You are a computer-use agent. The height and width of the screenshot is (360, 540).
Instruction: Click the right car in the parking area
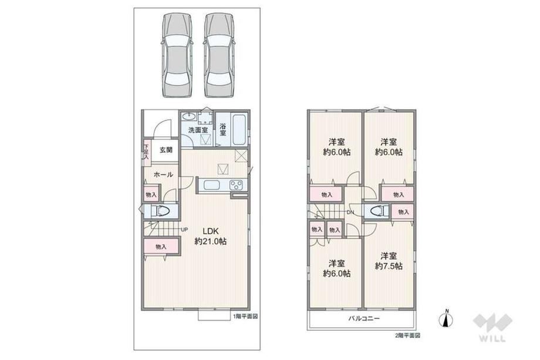220,55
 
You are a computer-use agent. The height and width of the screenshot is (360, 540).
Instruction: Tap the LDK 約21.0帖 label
210,236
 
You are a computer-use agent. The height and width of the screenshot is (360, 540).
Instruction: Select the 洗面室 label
198,130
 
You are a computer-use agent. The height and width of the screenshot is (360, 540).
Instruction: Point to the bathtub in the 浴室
239,130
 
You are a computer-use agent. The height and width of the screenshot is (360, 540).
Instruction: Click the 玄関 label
166,150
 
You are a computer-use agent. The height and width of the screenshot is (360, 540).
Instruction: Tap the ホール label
163,174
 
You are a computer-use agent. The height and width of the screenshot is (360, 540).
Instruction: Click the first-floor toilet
160,211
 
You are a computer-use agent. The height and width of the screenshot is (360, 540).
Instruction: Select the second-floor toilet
376,211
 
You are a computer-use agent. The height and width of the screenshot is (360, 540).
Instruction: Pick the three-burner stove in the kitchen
236,184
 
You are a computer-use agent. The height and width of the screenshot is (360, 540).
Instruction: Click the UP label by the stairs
184,229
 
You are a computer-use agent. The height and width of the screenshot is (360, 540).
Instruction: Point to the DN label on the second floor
350,212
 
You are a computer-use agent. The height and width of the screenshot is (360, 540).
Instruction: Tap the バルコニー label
363,318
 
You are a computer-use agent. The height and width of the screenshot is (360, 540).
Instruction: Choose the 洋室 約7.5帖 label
389,261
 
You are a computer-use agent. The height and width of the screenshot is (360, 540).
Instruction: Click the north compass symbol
446,319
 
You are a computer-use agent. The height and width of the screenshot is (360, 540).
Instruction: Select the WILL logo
492,327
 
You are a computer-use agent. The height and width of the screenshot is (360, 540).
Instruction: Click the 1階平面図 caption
245,317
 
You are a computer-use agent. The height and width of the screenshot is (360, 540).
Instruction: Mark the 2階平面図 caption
407,335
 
